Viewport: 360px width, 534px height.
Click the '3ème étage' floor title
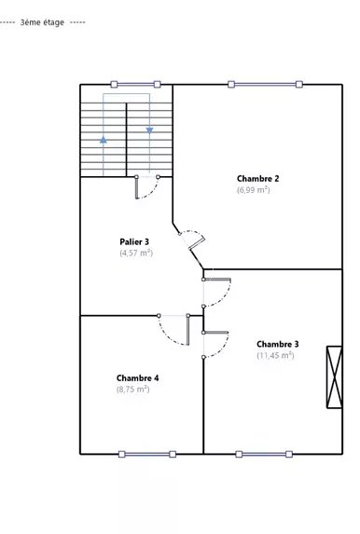coord(42,22)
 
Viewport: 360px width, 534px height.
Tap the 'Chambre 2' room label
coord(257,178)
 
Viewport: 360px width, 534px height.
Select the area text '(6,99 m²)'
coord(254,190)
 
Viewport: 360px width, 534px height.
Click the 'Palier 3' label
coord(134,241)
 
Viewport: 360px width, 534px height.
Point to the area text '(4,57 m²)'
coord(136,253)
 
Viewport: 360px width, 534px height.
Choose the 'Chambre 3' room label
coord(278,344)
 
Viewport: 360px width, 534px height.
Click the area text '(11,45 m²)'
coord(275,355)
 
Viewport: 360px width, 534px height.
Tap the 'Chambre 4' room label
coord(137,378)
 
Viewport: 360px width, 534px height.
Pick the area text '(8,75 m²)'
coord(133,389)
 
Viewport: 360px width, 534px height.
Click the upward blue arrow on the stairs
coord(104,140)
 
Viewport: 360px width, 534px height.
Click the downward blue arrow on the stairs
coord(149,130)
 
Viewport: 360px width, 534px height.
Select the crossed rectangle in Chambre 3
coord(335,377)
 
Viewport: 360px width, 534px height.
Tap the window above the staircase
coord(135,84)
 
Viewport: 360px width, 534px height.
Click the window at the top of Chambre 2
coord(265,84)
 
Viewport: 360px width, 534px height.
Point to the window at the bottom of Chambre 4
coord(147,454)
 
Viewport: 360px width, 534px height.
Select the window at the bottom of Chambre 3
coord(264,454)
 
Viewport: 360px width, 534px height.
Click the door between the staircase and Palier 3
coord(147,186)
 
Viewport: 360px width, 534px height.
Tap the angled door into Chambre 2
coord(192,241)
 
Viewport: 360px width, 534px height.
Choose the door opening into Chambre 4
coord(173,330)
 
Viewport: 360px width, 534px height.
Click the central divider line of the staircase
coord(127,140)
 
